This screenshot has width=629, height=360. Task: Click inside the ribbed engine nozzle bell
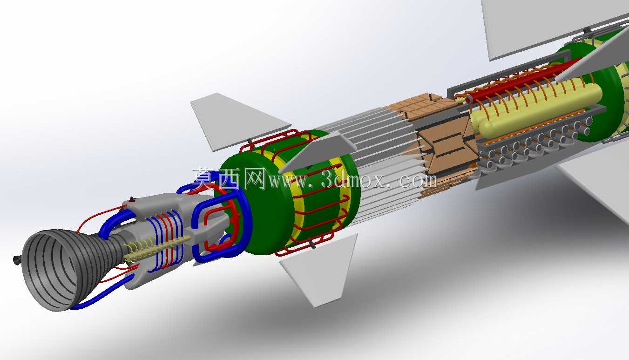click(54, 270)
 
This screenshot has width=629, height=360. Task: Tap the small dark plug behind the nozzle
click(17, 260)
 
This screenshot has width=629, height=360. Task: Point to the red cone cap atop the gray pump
click(131, 200)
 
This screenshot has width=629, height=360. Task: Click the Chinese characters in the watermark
click(229, 178)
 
